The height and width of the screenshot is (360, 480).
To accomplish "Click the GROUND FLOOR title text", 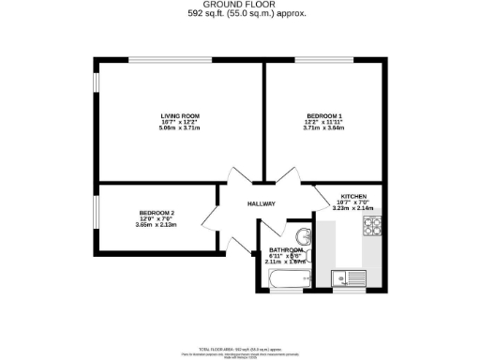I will click(x=239, y=5).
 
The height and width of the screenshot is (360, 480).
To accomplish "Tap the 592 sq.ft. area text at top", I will click(x=239, y=14).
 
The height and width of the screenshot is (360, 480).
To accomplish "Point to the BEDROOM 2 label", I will click(x=157, y=213).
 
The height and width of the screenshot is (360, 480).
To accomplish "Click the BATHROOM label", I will click(x=288, y=250).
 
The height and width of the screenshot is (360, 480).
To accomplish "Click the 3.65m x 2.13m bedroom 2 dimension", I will click(x=157, y=225).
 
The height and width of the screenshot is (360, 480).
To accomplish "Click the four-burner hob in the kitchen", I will click(x=373, y=226).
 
